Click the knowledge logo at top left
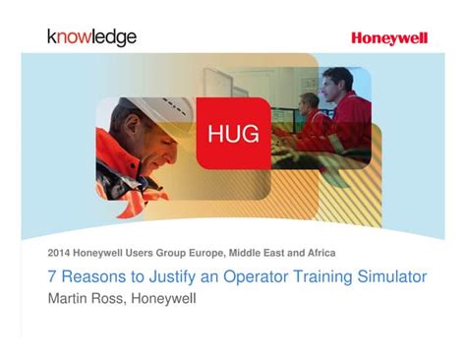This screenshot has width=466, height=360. pyautogui.click(x=91, y=37)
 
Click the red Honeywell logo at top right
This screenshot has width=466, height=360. pyautogui.click(x=389, y=38)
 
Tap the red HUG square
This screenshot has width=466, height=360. pyautogui.click(x=234, y=131)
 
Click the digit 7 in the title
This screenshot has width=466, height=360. pyautogui.click(x=53, y=276)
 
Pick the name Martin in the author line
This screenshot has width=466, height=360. pyautogui.click(x=70, y=298)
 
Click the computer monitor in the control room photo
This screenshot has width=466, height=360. pyautogui.click(x=285, y=119)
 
